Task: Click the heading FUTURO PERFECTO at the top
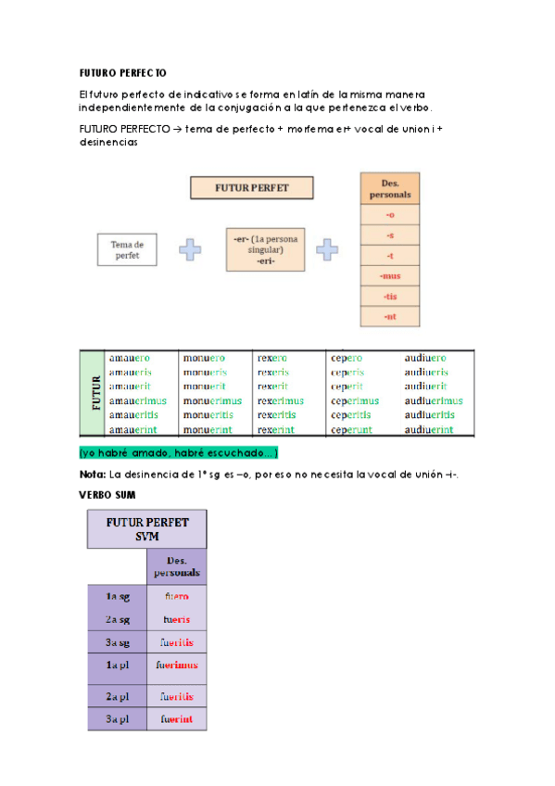tap(122, 72)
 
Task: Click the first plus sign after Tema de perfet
tap(190, 249)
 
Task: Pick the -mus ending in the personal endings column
tap(389, 276)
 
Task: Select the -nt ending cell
tap(389, 317)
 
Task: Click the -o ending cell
tap(389, 214)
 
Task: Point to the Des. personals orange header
tap(389, 188)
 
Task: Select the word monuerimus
tap(212, 400)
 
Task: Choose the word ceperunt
tap(353, 429)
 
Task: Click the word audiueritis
tap(429, 415)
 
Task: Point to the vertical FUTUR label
tap(94, 392)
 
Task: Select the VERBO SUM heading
tap(107, 496)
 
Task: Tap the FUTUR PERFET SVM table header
tap(147, 528)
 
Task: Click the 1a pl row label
tap(117, 665)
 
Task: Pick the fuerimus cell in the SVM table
tap(177, 665)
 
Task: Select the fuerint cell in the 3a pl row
tap(177, 718)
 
